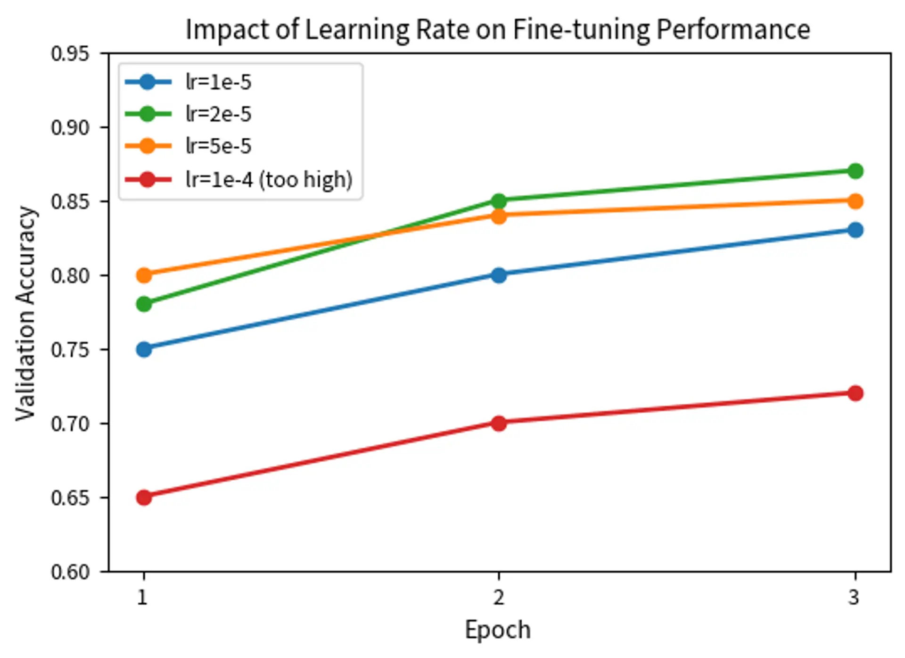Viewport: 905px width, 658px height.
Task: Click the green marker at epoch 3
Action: coord(855,171)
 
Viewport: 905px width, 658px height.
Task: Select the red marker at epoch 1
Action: coord(144,497)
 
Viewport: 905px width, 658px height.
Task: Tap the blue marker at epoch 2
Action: coord(499,275)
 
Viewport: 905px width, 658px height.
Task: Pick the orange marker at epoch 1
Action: coord(144,275)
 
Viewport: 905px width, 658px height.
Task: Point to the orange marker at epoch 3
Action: coord(855,201)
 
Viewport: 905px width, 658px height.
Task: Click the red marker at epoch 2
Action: coord(499,423)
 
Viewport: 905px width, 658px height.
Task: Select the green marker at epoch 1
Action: coord(144,304)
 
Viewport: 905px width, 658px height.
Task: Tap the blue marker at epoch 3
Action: coord(855,230)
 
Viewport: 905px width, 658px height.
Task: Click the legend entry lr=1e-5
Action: coord(218,82)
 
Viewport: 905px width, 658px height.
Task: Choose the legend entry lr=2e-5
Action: coord(218,114)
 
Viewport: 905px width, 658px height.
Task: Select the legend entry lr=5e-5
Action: coord(218,146)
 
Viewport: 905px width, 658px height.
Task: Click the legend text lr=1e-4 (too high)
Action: coord(269,180)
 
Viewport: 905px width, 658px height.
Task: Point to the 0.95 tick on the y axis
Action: coord(70,54)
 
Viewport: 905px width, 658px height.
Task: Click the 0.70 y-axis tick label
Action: coord(70,424)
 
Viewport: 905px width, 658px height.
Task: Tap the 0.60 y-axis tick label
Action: coord(70,572)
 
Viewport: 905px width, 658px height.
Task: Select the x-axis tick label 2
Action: coord(499,598)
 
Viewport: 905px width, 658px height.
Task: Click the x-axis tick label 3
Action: coord(854,598)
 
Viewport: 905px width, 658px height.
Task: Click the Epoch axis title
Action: coord(498,630)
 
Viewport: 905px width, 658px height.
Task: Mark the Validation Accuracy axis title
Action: coord(26,313)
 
